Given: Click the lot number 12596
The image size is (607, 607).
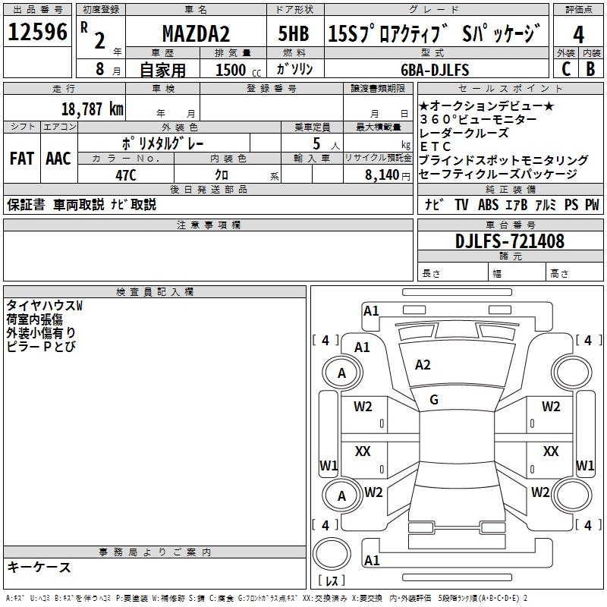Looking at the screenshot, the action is [x=38, y=33].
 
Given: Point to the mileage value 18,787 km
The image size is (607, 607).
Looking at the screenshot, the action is [x=92, y=109].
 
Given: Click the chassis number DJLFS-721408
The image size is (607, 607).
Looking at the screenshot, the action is [x=510, y=242].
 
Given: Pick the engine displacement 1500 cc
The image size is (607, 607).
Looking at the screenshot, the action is [x=236, y=70].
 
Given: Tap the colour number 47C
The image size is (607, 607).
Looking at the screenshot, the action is [x=125, y=174].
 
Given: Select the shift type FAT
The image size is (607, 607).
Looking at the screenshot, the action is [x=21, y=159].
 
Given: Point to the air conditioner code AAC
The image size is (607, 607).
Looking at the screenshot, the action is [x=58, y=159].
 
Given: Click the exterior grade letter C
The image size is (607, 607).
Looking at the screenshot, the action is [x=565, y=69].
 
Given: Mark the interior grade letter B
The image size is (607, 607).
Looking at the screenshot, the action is [x=590, y=69].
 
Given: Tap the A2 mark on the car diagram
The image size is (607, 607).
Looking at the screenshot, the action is [x=423, y=365].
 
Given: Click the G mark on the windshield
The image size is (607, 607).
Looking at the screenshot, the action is [x=433, y=399].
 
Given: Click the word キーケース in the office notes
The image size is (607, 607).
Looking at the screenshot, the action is [x=39, y=567].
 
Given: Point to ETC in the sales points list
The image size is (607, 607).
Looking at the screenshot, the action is [x=435, y=146].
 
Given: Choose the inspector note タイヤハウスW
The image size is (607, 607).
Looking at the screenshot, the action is [x=44, y=305].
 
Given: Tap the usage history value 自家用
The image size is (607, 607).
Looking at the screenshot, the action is [x=163, y=70].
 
